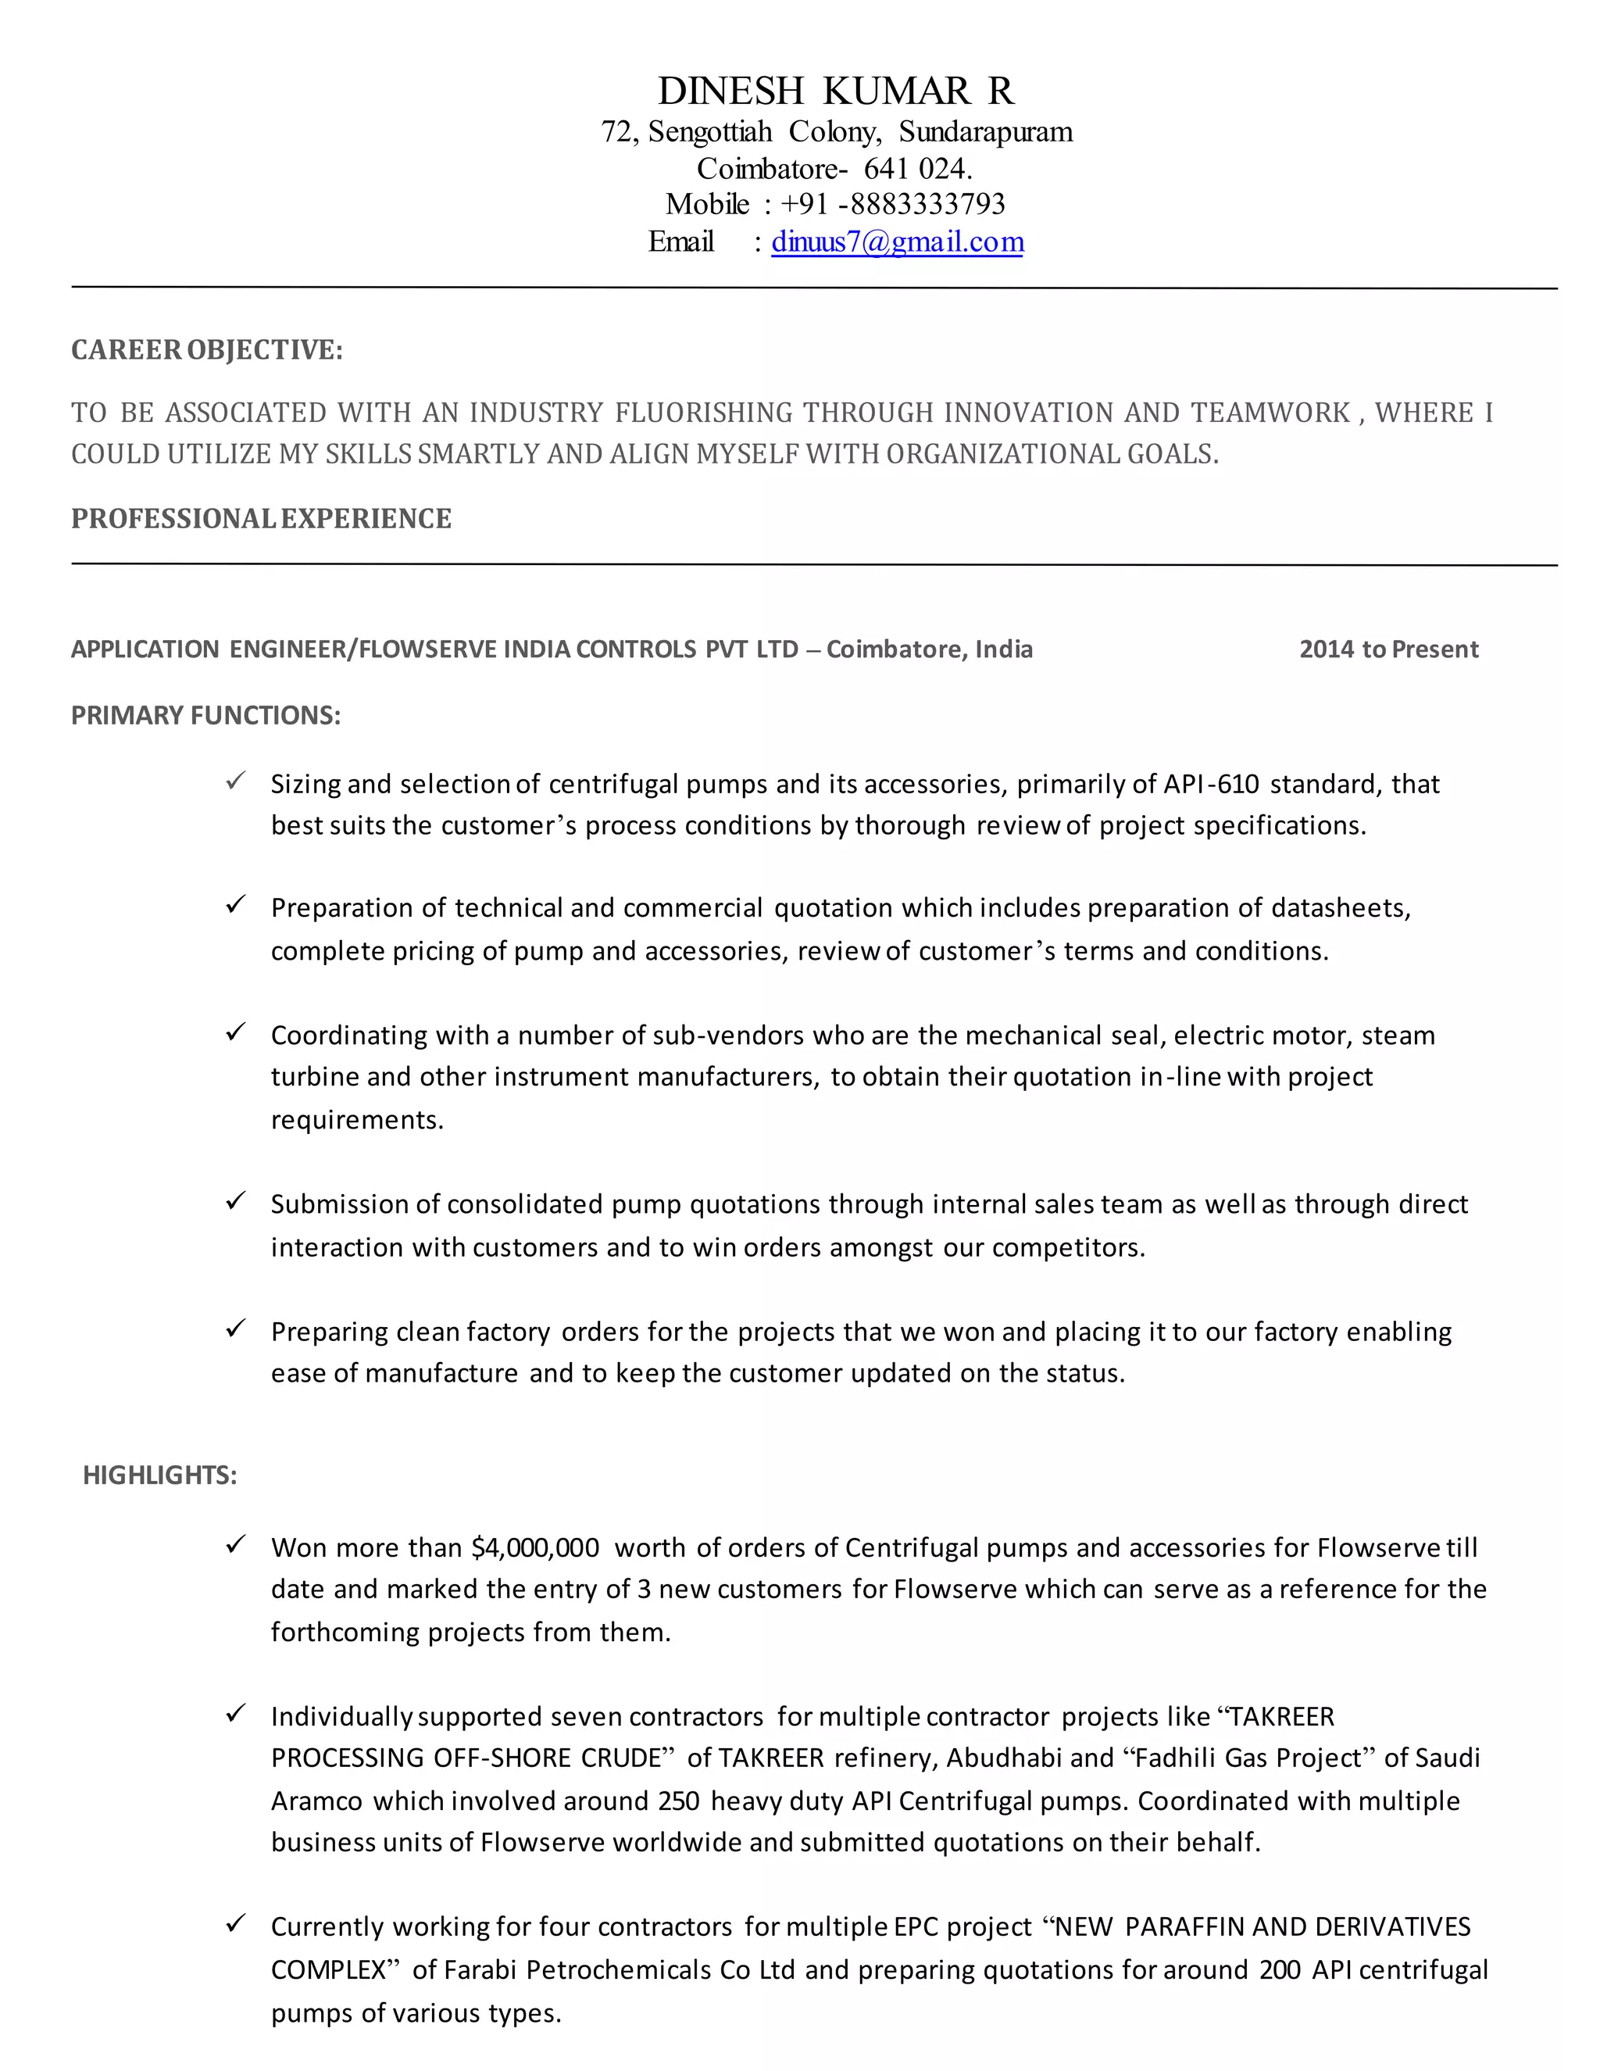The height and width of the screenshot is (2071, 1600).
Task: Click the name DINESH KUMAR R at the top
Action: point(835,91)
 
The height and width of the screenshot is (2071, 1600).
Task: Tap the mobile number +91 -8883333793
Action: point(892,204)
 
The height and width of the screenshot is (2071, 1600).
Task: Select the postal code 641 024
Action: point(916,169)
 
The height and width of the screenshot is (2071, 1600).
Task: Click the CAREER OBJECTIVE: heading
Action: point(206,350)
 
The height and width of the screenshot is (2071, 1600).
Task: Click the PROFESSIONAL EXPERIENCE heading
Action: point(261,519)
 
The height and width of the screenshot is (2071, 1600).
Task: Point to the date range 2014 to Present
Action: point(1387,649)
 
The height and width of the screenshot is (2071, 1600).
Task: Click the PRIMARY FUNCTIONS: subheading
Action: point(205,715)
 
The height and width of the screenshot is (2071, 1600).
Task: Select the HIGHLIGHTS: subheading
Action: point(159,1475)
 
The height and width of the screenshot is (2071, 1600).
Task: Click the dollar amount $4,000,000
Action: point(535,1547)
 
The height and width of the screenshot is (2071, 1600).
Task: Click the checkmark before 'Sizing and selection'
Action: point(236,782)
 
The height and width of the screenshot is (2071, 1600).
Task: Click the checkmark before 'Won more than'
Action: point(236,1545)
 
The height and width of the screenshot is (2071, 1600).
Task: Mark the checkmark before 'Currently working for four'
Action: point(236,1924)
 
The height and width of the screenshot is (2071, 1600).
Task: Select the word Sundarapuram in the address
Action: point(985,132)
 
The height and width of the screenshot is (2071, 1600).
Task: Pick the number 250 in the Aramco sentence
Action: point(679,1801)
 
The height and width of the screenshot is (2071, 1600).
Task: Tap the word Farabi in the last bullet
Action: point(480,1969)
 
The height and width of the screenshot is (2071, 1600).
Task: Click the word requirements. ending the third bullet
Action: point(357,1120)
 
